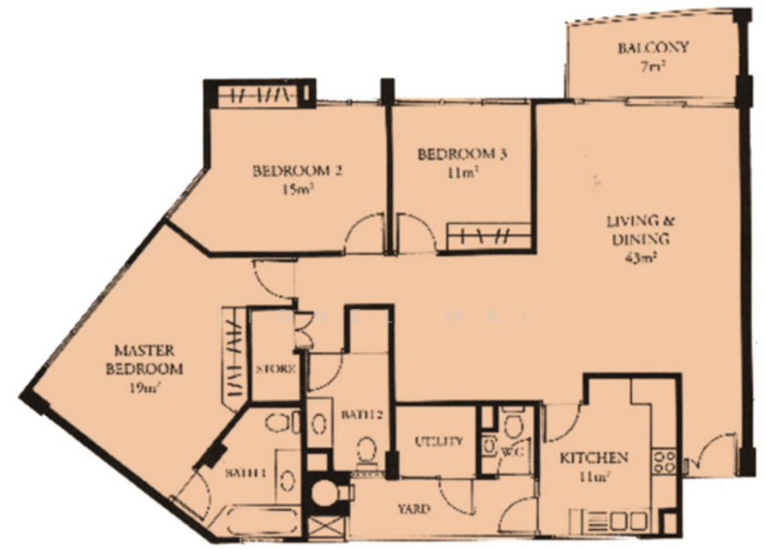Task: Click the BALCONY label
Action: click(x=653, y=47)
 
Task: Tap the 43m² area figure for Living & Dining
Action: click(x=640, y=256)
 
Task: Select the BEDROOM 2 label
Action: click(x=297, y=171)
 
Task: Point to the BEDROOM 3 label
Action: click(x=462, y=154)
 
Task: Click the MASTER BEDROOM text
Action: click(x=144, y=360)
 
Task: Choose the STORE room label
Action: click(x=275, y=369)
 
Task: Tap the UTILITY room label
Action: click(x=438, y=442)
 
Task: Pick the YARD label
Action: click(x=414, y=509)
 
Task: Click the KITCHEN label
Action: click(x=593, y=458)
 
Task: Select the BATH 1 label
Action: click(x=246, y=472)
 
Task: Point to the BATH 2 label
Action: click(x=361, y=415)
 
